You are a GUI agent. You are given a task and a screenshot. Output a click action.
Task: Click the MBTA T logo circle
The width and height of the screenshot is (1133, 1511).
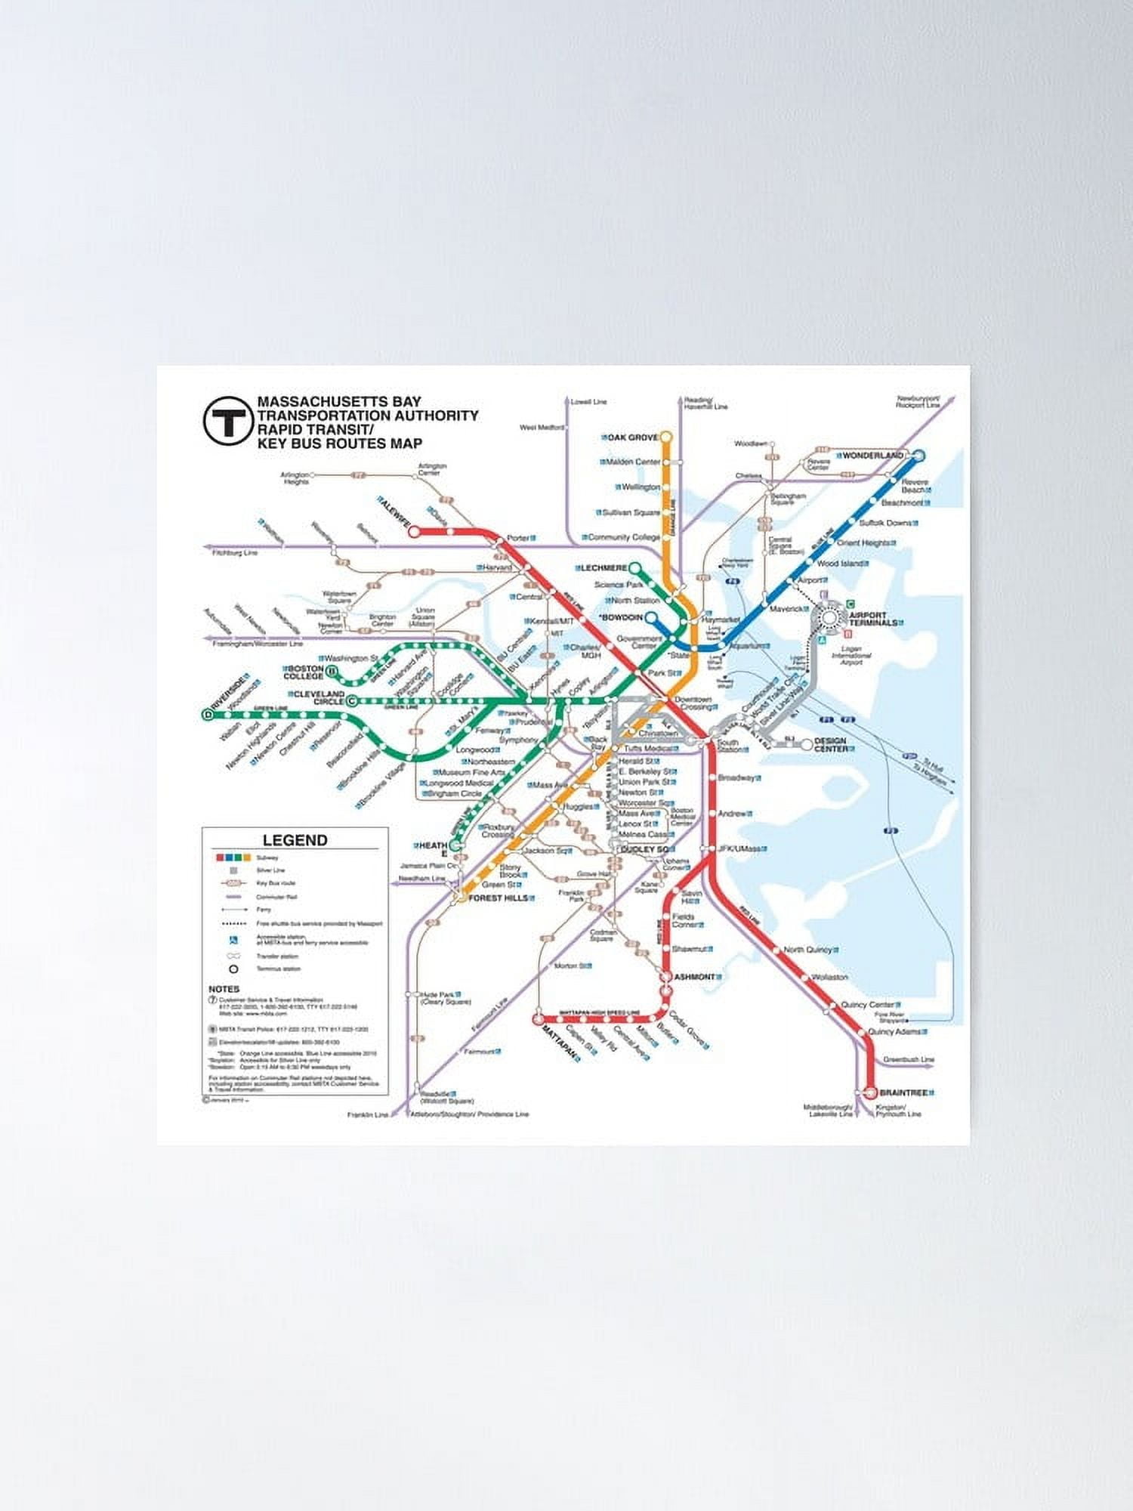[227, 421]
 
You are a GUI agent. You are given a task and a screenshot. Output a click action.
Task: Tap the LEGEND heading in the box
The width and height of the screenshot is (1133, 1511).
[295, 840]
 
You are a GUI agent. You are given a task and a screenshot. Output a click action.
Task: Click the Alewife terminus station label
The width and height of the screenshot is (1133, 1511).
[395, 511]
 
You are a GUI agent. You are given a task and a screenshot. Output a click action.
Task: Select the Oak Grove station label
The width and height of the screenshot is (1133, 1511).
[633, 437]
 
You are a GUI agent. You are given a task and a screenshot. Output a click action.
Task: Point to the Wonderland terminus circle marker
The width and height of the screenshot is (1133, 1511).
[918, 456]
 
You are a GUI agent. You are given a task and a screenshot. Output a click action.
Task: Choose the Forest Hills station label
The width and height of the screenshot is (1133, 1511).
[498, 898]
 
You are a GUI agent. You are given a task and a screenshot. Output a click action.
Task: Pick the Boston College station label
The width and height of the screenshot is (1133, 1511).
[304, 672]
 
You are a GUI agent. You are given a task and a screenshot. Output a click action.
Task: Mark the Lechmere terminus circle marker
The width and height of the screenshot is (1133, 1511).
[635, 568]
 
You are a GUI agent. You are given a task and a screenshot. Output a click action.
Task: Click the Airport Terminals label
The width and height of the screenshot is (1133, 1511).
[872, 619]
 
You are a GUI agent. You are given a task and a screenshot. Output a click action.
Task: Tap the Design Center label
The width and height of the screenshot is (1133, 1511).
[830, 744]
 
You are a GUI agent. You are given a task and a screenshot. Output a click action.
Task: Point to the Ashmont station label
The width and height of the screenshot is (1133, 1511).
[694, 977]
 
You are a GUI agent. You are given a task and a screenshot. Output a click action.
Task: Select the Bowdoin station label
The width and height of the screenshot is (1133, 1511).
[621, 617]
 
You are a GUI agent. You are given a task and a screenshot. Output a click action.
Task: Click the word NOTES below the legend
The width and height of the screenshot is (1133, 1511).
[224, 989]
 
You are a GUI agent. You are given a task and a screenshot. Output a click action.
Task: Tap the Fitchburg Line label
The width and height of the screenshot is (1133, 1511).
[235, 553]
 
